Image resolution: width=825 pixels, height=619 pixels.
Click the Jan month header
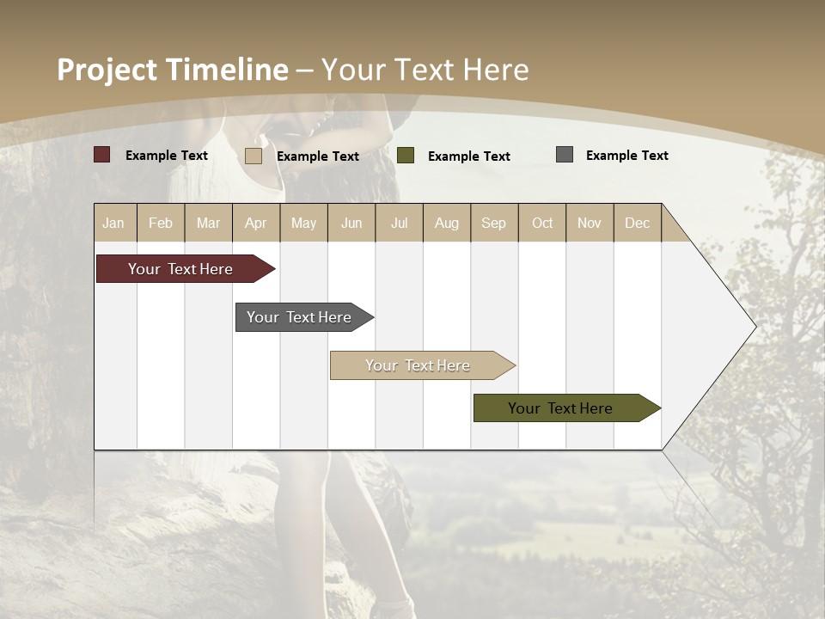click(113, 224)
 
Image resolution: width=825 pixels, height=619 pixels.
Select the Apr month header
click(255, 224)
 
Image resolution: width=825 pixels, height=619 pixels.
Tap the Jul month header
click(399, 224)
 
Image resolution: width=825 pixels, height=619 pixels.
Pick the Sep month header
click(493, 224)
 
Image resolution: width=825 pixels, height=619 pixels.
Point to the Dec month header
click(637, 224)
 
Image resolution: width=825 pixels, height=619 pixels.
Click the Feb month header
click(161, 224)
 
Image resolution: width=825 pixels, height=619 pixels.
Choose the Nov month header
click(590, 224)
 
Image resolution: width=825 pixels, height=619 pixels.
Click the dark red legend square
click(101, 155)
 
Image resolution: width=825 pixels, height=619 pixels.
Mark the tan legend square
click(253, 156)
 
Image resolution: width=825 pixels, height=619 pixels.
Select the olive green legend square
click(406, 156)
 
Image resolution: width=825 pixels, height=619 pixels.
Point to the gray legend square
click(565, 155)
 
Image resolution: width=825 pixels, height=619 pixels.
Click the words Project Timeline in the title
click(172, 70)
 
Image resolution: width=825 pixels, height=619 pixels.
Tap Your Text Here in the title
click(425, 70)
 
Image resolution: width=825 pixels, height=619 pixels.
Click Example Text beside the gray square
click(626, 156)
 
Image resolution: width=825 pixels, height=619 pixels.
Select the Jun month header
click(351, 224)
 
